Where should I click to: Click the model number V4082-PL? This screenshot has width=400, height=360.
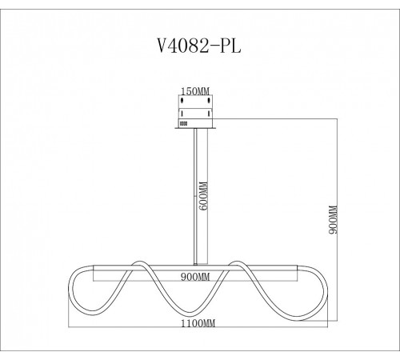click(x=199, y=46)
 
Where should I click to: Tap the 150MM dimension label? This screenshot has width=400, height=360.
click(x=195, y=91)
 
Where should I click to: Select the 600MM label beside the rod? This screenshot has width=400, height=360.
click(x=204, y=196)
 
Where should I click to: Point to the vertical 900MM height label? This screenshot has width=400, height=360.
click(x=333, y=219)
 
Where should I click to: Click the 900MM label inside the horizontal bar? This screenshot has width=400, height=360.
click(x=195, y=277)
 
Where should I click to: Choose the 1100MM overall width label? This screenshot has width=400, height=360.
click(x=198, y=323)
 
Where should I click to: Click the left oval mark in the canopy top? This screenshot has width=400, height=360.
click(x=182, y=101)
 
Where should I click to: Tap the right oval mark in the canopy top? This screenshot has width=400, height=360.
click(x=209, y=101)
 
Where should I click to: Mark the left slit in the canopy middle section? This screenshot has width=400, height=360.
click(x=182, y=114)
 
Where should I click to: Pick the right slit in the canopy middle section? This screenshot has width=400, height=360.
click(x=209, y=114)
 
